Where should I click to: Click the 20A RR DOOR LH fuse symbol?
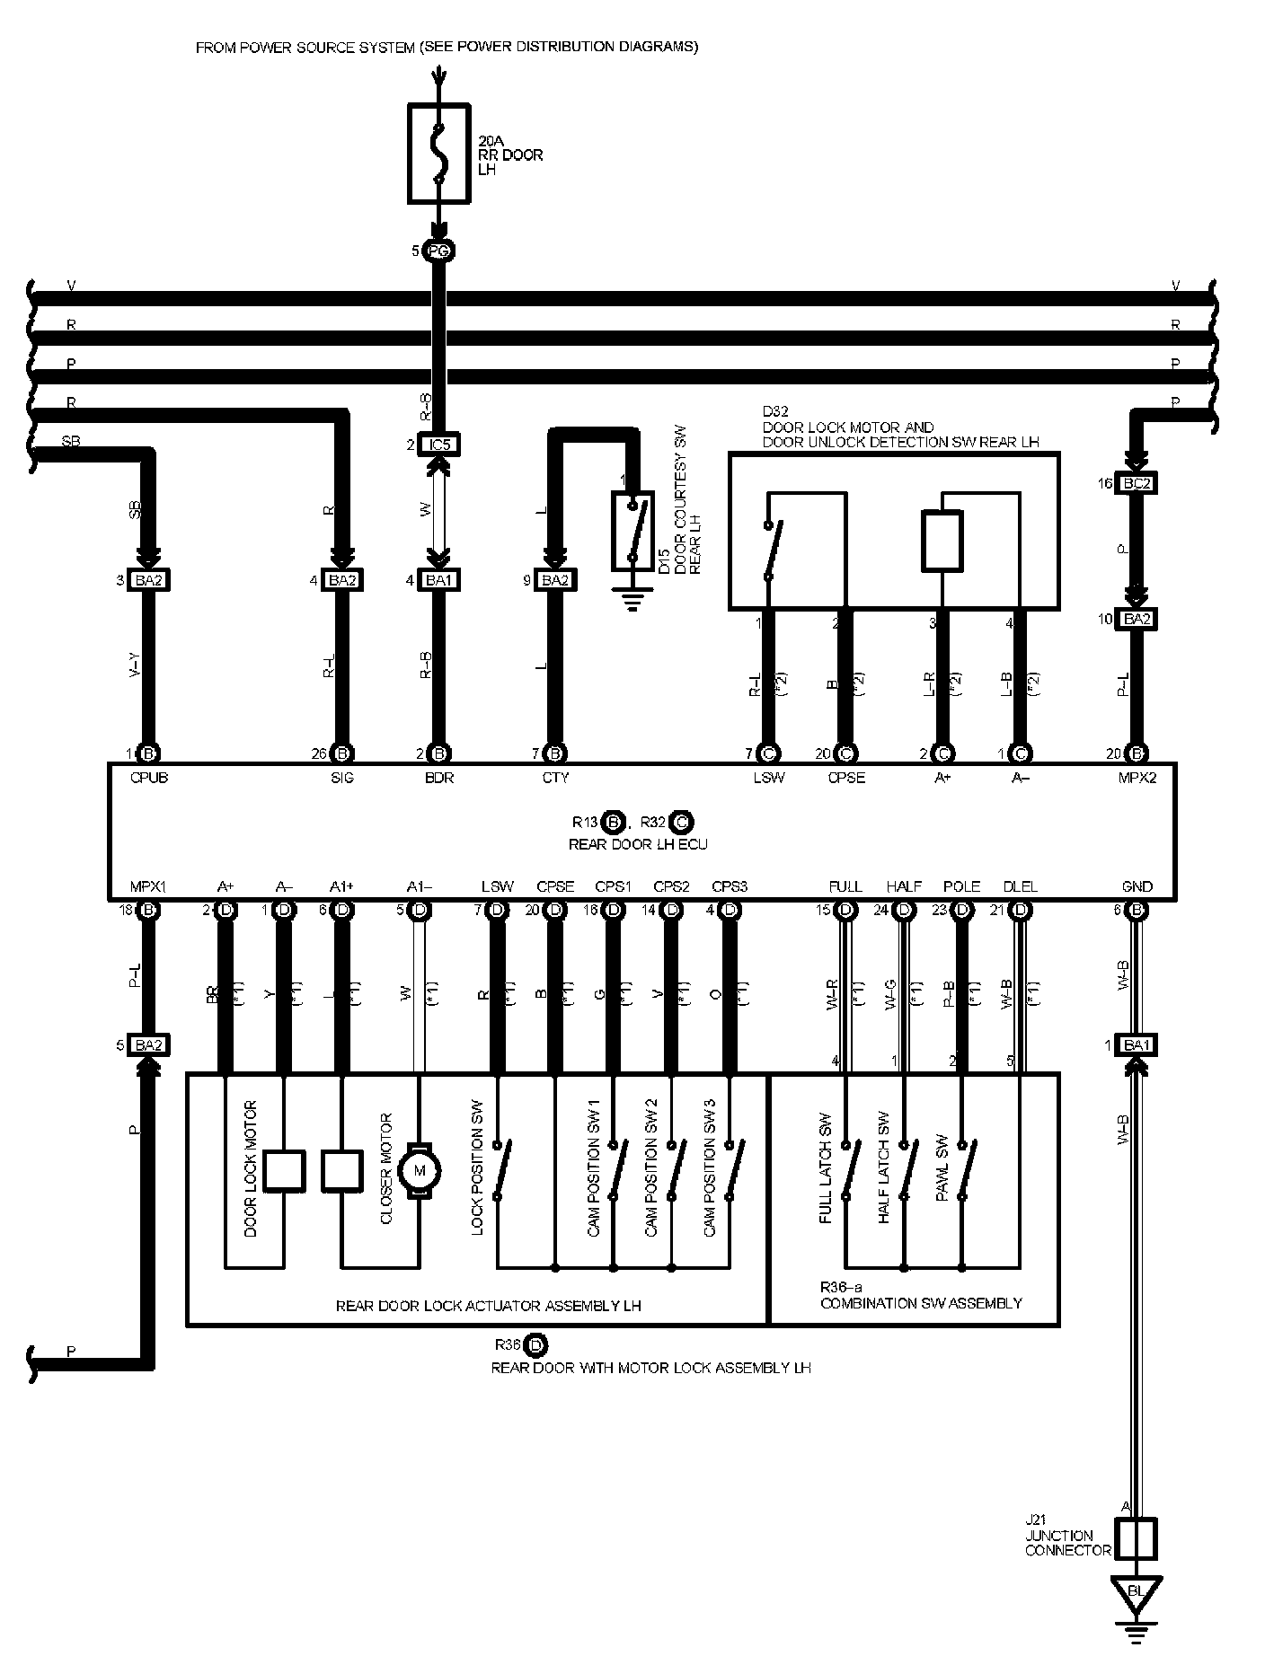[438, 153]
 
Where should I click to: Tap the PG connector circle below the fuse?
[438, 251]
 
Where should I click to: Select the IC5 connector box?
[438, 445]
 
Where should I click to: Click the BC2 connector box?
[1137, 483]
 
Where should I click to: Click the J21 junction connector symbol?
[1136, 1538]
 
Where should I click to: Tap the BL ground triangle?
[1136, 1592]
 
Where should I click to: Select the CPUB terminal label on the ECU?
[149, 778]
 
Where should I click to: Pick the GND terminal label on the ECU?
[1137, 886]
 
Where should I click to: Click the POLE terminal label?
[961, 886]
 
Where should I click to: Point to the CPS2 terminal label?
[671, 886]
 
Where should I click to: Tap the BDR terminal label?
[438, 778]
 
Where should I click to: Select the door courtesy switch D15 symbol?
[632, 531]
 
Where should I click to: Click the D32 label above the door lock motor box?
[774, 412]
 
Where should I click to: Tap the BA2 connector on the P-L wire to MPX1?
[149, 1044]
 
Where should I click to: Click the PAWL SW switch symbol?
[963, 1170]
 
